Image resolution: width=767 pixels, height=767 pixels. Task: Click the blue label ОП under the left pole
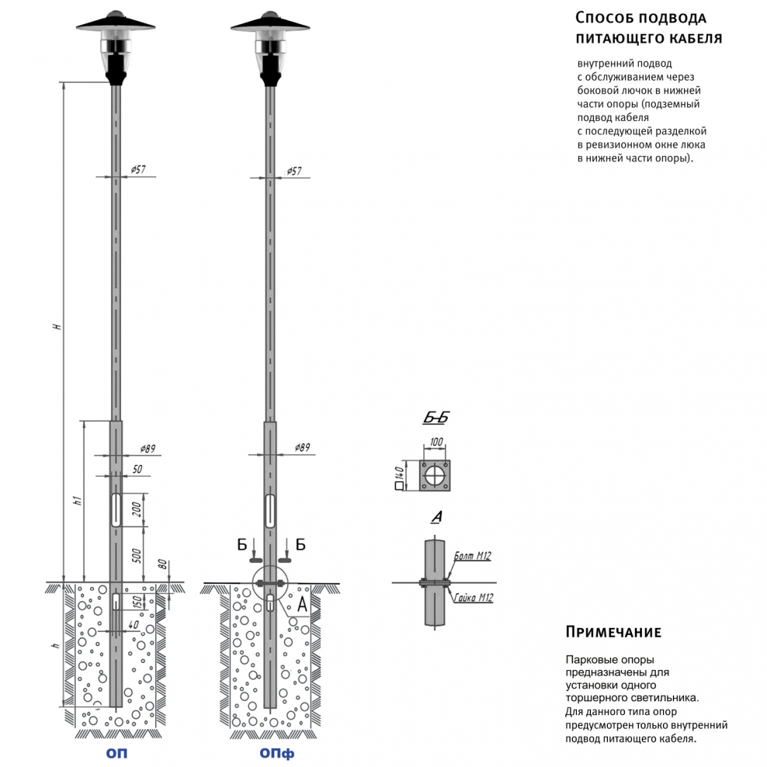pos(116,753)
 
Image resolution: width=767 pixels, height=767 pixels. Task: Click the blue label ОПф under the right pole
pos(277,753)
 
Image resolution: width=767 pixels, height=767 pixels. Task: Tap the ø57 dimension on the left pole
pos(138,169)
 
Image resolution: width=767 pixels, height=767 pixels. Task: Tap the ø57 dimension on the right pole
pos(294,169)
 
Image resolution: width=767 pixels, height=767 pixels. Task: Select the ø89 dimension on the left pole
pos(147,448)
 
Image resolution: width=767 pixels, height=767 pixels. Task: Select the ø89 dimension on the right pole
pos(303,448)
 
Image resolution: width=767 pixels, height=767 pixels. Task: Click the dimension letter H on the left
pos(56,326)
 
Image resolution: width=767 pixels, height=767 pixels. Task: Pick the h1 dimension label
pos(76,501)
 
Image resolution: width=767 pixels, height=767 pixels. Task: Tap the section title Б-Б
pos(436,418)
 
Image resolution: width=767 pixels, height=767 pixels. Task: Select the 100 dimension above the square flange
pos(436,442)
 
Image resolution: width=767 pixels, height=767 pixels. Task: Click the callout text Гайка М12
pos(475,597)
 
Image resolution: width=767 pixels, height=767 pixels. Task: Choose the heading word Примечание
pos(613,631)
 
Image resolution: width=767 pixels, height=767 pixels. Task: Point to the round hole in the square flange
pos(436,474)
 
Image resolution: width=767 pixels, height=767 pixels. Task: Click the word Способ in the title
pos(602,17)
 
